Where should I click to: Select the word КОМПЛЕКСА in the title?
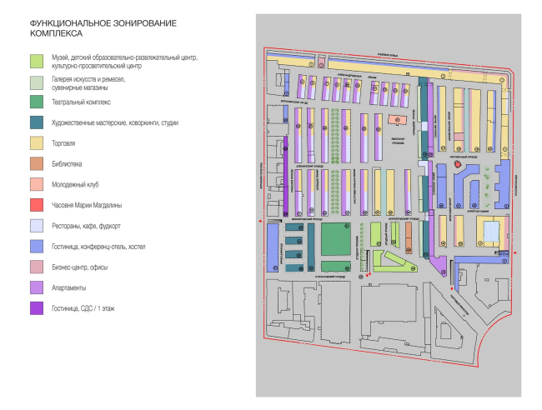(55, 36)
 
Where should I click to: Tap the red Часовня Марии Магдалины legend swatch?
(36, 204)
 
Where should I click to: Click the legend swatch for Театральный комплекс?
(36, 102)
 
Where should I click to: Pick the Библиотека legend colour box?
(36, 163)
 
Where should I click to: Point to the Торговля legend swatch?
(36, 143)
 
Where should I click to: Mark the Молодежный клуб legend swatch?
(36, 183)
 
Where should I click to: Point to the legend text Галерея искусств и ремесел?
(88, 77)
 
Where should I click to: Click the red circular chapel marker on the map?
(458, 165)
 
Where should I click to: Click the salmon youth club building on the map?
(394, 121)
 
